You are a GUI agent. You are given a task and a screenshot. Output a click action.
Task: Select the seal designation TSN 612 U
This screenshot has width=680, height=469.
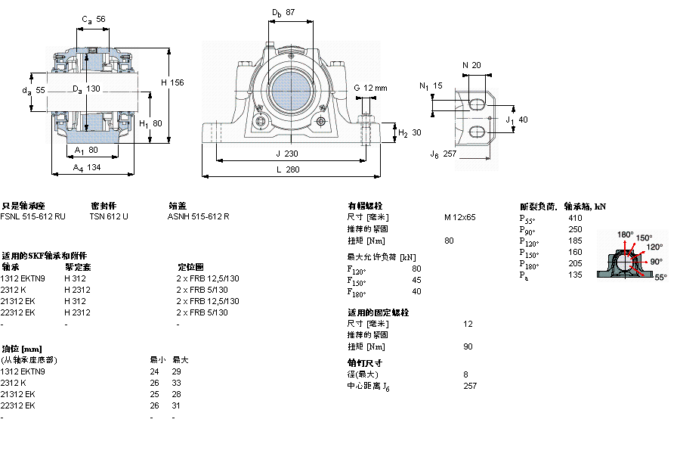[109, 216]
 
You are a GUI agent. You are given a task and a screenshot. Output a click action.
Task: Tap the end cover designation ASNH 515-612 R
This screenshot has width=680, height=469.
[198, 216]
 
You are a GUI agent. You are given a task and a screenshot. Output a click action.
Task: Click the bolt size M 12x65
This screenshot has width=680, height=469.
[459, 217]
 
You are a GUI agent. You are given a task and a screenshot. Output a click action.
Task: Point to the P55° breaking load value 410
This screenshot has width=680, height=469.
[574, 218]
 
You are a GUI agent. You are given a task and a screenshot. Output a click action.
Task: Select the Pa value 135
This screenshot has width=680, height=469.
[574, 275]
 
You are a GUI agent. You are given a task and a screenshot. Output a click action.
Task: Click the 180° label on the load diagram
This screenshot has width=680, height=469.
[626, 234]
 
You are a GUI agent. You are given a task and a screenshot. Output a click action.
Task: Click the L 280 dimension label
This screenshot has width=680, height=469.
[287, 170]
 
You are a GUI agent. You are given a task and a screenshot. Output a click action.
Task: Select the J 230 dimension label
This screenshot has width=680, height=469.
[287, 153]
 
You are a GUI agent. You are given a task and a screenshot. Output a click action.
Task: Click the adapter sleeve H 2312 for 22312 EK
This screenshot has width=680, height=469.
[77, 312]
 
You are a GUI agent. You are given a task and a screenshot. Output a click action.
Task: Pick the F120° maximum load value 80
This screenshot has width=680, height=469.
[416, 269]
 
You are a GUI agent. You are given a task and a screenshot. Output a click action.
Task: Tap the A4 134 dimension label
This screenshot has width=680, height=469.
[88, 168]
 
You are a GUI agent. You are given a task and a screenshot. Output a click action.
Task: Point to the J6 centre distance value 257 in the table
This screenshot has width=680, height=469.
[470, 386]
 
